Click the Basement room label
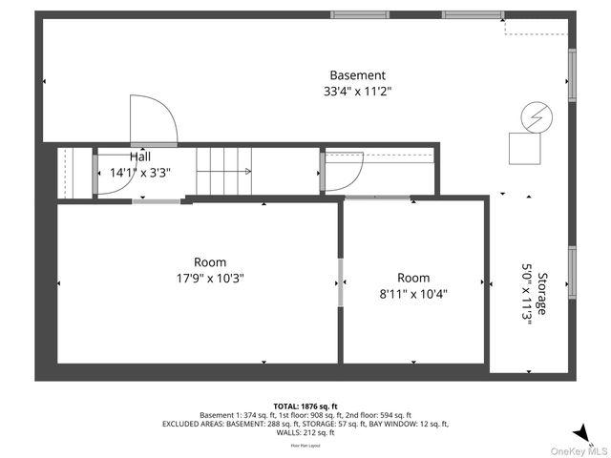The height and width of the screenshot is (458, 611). pos(357,75)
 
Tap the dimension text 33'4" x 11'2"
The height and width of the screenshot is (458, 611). pos(357,92)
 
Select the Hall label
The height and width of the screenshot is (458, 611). pos(139,157)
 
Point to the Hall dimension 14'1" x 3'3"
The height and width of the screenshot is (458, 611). pos(139,173)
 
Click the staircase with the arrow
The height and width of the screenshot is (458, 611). pos(223,172)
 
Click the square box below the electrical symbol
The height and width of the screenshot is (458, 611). pos(524,148)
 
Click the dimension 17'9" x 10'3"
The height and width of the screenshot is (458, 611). pos(210,279)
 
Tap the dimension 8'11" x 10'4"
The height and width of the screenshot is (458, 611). pos(413,294)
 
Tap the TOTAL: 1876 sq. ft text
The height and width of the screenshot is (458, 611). pos(305,406)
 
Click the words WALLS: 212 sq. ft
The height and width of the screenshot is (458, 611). pos(305,432)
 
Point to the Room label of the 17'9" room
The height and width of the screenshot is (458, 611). pos(210,262)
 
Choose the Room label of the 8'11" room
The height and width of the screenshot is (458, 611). pos(413,278)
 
